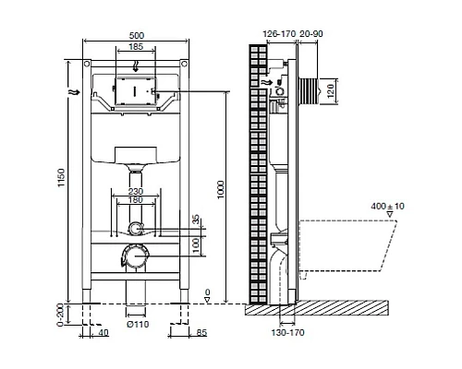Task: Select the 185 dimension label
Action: coord(135,46)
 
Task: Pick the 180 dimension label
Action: coord(135,200)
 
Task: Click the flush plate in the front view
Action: coord(135,93)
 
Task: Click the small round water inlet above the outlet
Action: coord(137,228)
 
